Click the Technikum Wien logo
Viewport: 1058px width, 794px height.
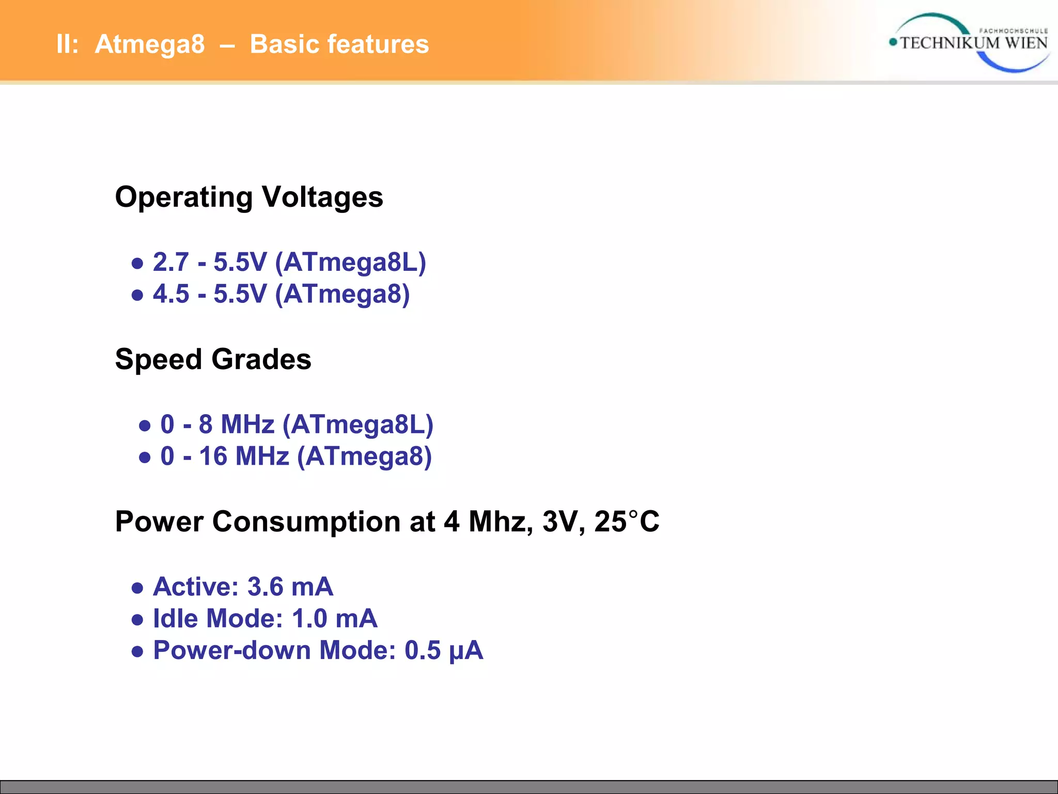coord(969,42)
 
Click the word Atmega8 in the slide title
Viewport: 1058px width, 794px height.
coord(150,44)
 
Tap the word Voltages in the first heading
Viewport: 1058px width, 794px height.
coord(322,197)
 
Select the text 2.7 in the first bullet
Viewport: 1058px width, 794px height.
coord(171,262)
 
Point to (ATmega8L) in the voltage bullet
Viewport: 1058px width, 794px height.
coord(351,263)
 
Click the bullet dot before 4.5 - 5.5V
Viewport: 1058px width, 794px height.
coord(137,295)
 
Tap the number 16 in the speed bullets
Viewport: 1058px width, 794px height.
coord(213,456)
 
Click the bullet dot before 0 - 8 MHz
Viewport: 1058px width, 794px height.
coord(145,426)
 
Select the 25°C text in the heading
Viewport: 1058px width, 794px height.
coord(627,522)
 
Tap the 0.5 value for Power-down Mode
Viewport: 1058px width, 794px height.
coord(423,650)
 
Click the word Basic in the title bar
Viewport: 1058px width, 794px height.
coord(284,44)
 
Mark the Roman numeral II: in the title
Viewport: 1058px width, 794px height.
coord(67,44)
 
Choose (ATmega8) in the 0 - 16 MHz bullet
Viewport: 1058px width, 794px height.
coord(365,456)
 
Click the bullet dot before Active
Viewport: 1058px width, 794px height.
coord(137,588)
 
